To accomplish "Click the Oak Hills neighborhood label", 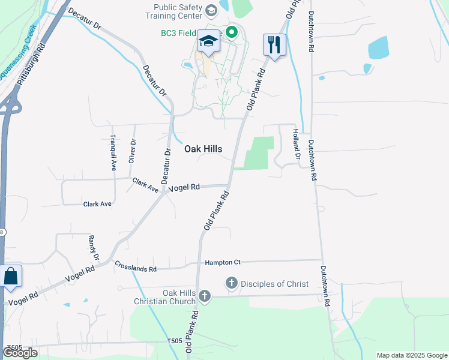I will [x=203, y=149].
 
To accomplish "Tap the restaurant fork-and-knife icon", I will [x=274, y=44].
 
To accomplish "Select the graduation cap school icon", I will [x=208, y=41].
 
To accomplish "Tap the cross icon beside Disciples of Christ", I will [x=231, y=282].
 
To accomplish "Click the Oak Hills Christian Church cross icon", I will [x=205, y=295].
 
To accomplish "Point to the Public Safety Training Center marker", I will [x=211, y=10].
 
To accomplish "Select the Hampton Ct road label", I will [x=222, y=262].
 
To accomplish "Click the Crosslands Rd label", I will [x=136, y=266].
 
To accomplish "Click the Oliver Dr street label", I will [x=133, y=151].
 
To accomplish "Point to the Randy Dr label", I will [x=94, y=247].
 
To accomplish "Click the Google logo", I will [x=20, y=352].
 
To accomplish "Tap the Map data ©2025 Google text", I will [x=411, y=355].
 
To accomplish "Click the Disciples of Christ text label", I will [x=275, y=284].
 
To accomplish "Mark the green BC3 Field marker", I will [x=231, y=32].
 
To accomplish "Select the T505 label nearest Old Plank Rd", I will [x=175, y=341].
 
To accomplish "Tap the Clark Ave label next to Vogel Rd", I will [x=145, y=185].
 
